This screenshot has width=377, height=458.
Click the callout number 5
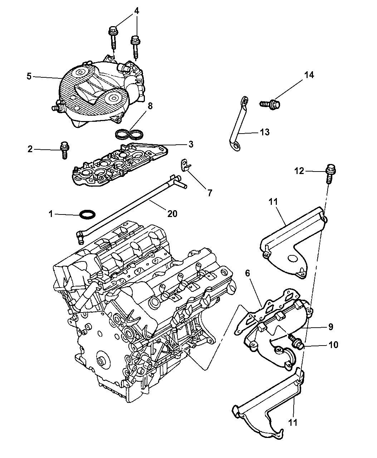pos(29,76)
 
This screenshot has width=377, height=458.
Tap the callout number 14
pos(309,75)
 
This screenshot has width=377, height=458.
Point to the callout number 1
pos(51,214)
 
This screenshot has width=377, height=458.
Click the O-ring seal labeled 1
pos(87,215)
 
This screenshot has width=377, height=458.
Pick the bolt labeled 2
pos(65,149)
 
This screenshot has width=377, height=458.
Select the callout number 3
pos(191,144)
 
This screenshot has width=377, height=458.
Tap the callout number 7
pos(210,193)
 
